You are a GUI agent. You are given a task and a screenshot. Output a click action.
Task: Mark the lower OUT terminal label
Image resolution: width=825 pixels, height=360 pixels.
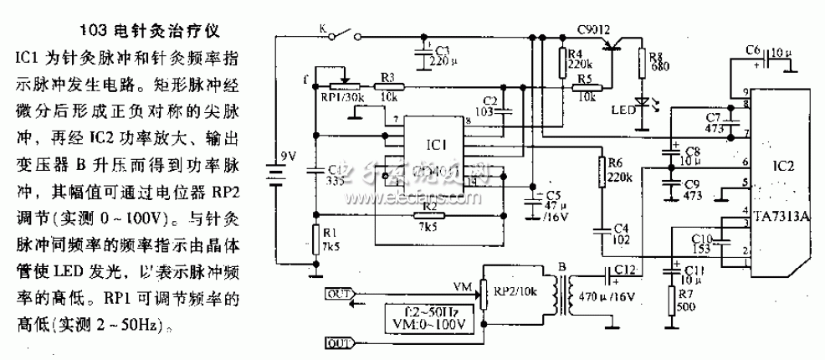[337, 343]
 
